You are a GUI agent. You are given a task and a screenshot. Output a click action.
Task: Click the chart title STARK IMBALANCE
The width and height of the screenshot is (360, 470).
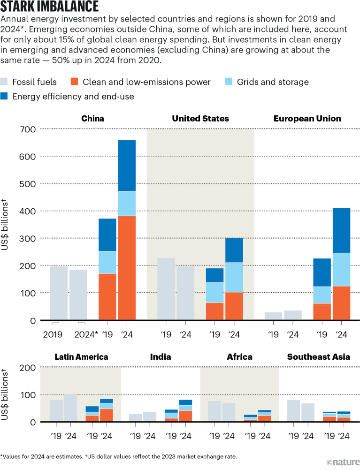pos(50,7)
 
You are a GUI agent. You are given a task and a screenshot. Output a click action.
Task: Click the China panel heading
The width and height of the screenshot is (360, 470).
pos(93,119)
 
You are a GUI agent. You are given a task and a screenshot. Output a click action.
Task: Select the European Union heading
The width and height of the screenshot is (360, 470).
pos(307,119)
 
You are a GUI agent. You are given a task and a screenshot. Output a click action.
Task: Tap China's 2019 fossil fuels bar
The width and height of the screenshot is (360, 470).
pos(59,293)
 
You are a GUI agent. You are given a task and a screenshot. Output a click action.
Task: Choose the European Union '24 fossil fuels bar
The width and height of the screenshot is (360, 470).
pos(293,315)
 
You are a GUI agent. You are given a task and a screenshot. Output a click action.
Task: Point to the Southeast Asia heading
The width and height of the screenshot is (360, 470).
pos(319,357)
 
